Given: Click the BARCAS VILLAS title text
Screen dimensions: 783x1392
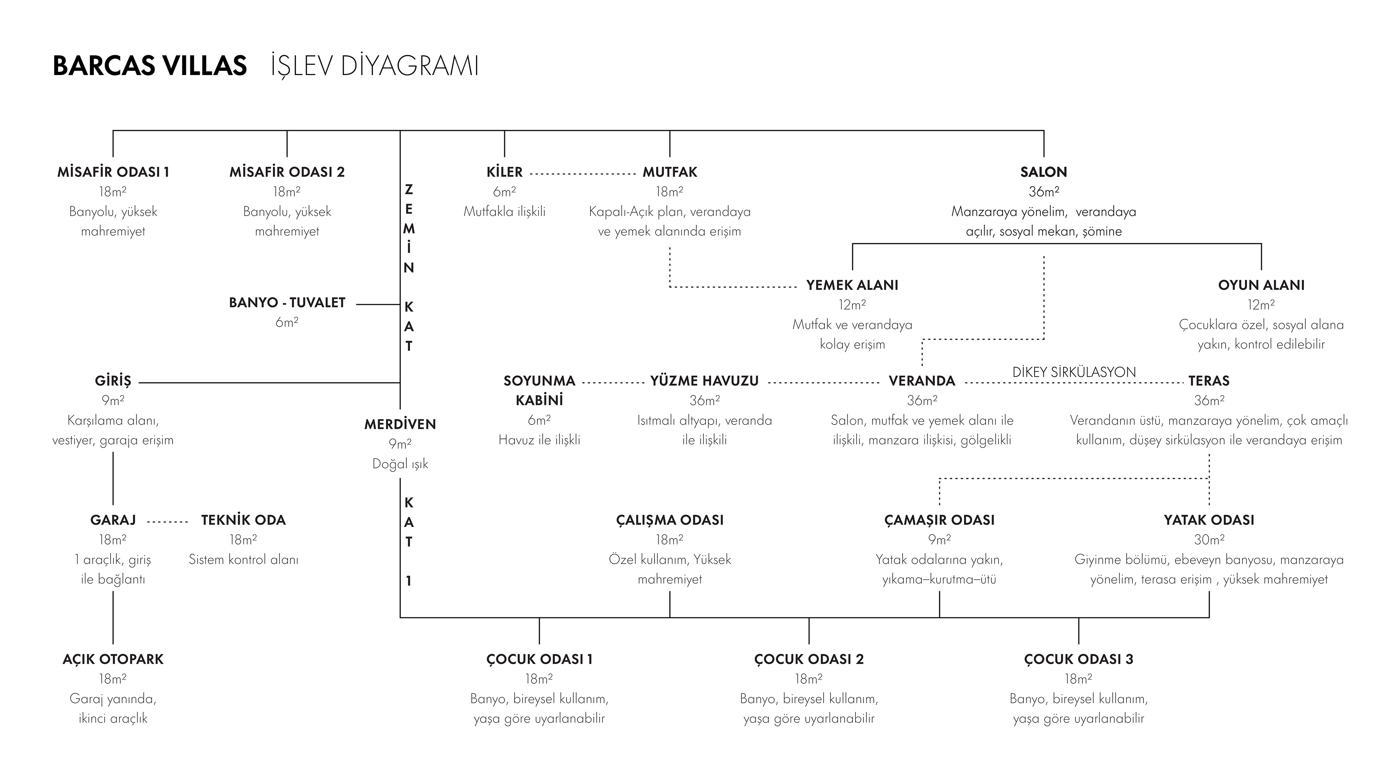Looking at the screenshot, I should coord(150,66).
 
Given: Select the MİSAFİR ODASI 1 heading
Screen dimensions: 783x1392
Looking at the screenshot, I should coord(113,172).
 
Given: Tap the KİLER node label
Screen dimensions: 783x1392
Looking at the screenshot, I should coord(504,172).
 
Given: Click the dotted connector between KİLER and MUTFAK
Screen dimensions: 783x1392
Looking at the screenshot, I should coord(583,174).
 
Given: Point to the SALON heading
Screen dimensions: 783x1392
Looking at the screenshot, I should coord(1044,172).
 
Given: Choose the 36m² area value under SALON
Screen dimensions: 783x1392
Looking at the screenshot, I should coord(1044,192).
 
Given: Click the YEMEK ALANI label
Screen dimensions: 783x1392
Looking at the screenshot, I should coord(852,285).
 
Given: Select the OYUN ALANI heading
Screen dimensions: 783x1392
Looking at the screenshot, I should coord(1261,285).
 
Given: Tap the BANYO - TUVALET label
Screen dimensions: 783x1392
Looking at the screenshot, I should coord(287,303).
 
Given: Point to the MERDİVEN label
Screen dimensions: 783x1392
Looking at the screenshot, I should coord(400,424).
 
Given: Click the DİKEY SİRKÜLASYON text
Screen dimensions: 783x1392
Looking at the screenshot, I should coord(1074,372).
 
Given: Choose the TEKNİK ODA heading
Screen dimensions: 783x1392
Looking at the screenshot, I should coord(243,520).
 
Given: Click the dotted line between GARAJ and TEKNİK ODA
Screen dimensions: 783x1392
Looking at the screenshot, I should coord(167,522).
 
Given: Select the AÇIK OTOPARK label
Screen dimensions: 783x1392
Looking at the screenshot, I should coord(113,659).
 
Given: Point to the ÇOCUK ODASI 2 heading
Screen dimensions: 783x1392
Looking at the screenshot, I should coord(809,659).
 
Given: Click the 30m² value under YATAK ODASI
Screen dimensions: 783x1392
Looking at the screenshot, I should coord(1209,540).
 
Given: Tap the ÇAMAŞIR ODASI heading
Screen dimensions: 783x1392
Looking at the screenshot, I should coord(939,520).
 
